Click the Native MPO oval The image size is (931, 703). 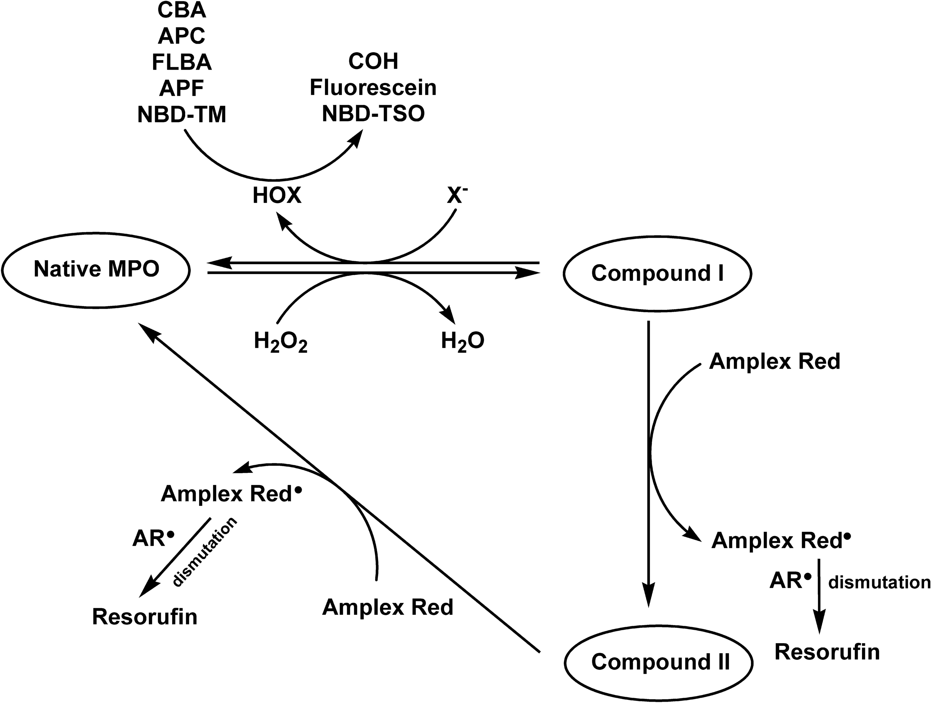(96, 270)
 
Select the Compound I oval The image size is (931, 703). (657, 274)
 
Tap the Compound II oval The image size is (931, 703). (659, 662)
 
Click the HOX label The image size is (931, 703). (277, 196)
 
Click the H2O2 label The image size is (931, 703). (280, 342)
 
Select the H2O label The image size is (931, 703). (462, 341)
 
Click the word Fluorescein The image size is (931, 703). (373, 88)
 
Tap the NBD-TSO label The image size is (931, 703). (373, 114)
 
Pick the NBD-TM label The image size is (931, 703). (182, 115)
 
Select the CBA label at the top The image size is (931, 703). (182, 10)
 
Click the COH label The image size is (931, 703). (373, 61)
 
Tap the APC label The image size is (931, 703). (182, 36)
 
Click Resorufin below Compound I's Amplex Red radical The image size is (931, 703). (827, 652)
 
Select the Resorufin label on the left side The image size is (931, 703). (144, 617)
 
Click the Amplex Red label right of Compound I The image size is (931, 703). (774, 361)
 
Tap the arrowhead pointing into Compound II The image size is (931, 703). (648, 598)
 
